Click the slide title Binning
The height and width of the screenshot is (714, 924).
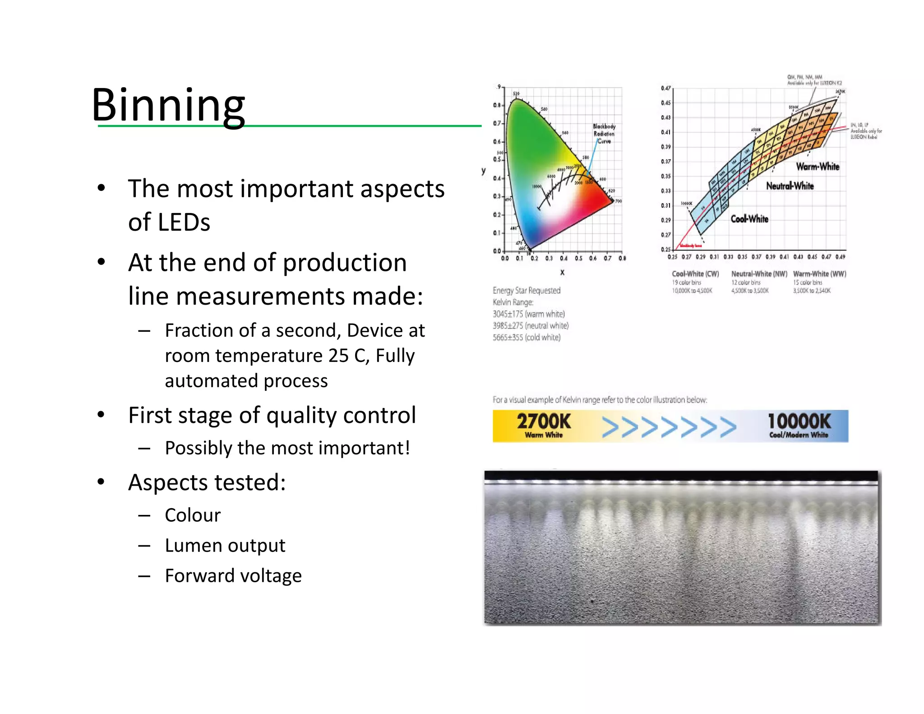click(x=168, y=105)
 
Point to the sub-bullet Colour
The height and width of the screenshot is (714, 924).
click(x=193, y=515)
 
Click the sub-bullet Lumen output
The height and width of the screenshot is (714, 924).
click(x=225, y=546)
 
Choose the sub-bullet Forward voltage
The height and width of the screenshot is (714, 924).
click(x=233, y=576)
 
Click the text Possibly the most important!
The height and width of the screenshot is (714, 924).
click(x=287, y=448)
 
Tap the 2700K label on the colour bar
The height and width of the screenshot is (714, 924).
click(x=544, y=422)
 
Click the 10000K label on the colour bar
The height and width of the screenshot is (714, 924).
click(x=799, y=422)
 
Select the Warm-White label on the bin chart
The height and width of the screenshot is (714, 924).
click(x=818, y=167)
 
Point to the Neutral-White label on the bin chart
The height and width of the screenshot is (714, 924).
click(x=790, y=186)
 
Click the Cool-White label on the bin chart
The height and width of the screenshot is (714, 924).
click(x=749, y=219)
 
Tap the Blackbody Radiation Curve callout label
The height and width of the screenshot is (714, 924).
click(x=604, y=134)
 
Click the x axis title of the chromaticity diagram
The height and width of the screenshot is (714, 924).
click(x=562, y=273)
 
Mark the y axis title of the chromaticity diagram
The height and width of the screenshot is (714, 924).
click(x=484, y=171)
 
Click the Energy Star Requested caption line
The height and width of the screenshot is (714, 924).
click(x=527, y=291)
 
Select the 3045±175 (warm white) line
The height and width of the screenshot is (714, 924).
click(x=528, y=314)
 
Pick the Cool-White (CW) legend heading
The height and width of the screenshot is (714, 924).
click(x=695, y=274)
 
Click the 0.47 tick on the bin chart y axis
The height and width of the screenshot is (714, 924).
click(x=665, y=88)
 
